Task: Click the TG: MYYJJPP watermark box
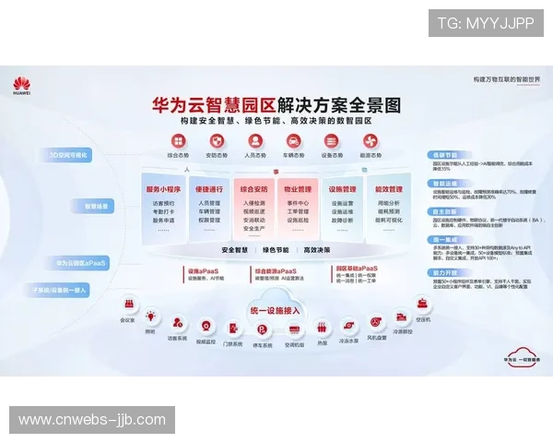[x=486, y=23]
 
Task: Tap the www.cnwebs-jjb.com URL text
[x=92, y=420]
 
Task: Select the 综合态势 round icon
[x=178, y=141]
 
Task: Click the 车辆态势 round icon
[x=292, y=141]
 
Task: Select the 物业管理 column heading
[x=298, y=188]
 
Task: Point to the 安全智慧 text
[x=236, y=250]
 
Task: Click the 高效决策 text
[x=315, y=250]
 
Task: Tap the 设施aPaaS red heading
[x=204, y=270]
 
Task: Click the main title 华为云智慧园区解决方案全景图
[x=276, y=104]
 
